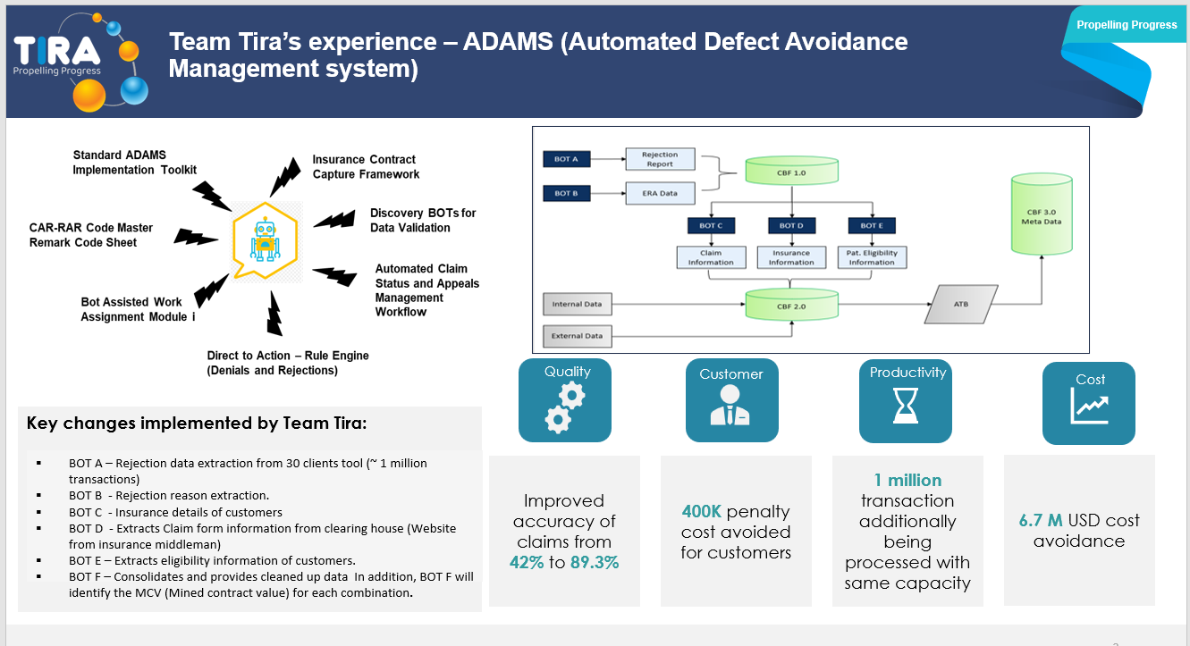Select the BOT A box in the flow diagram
pyautogui.click(x=567, y=159)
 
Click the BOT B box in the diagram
pyautogui.click(x=567, y=193)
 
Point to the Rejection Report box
pyautogui.click(x=661, y=159)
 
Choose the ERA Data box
pyautogui.click(x=661, y=193)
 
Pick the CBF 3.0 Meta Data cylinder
pyautogui.click(x=1040, y=214)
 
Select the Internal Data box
pyautogui.click(x=578, y=305)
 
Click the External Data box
pyautogui.click(x=578, y=337)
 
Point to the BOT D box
pyautogui.click(x=791, y=226)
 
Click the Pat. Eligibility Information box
pyautogui.click(x=872, y=257)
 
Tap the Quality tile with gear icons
pyautogui.click(x=565, y=400)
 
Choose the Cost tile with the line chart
pyautogui.click(x=1088, y=403)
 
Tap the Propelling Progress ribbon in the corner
pyautogui.click(x=1127, y=25)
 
